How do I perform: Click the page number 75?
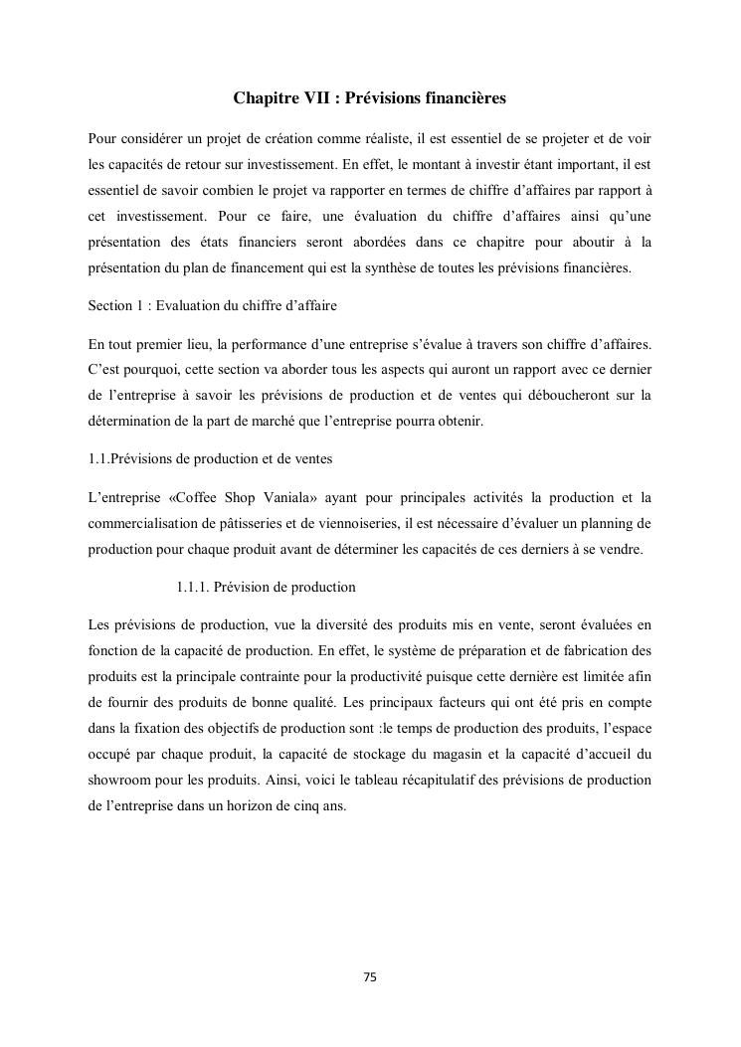pos(370,977)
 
